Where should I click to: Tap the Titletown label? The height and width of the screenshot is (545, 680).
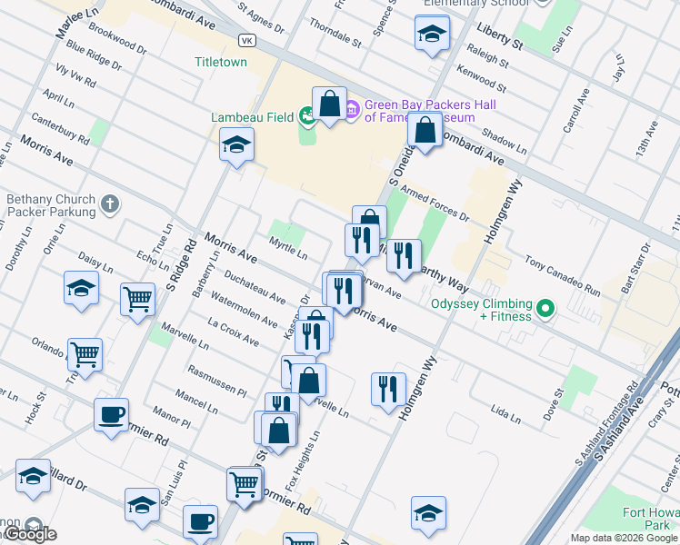(221, 63)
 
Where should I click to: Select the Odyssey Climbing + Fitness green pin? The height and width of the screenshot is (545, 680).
(545, 310)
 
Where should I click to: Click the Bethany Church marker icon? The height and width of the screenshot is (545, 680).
(109, 204)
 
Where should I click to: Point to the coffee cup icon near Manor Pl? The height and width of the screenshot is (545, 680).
(112, 414)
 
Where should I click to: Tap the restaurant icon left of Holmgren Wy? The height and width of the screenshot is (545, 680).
(389, 388)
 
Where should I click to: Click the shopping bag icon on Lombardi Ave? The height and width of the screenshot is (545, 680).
(425, 130)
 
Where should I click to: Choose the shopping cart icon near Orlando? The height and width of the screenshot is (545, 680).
(85, 353)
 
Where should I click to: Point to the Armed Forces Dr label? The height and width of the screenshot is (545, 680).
(441, 204)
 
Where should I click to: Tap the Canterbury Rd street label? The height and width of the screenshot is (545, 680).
(60, 128)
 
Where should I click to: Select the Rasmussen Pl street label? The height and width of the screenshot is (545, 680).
(217, 381)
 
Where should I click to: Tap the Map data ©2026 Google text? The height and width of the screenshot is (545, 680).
(624, 538)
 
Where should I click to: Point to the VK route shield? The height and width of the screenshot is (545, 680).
(246, 41)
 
